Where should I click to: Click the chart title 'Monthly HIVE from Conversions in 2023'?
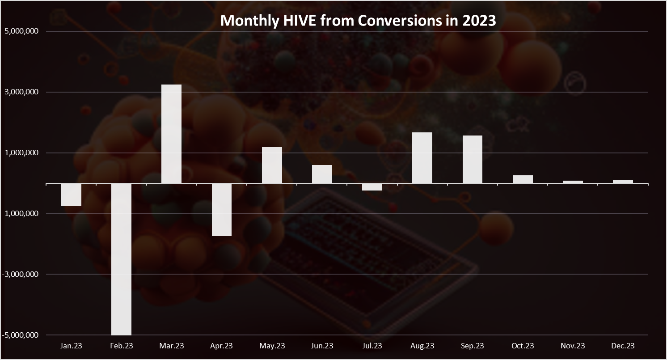pos(358,21)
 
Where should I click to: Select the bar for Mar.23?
pos(171,134)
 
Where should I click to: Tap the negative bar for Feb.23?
pos(121,259)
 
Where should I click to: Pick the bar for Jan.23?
pos(71,195)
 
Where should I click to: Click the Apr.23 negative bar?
pos(222,210)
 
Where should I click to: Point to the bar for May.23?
pos(272,165)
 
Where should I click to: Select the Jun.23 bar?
pos(322,174)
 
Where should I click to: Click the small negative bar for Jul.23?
pos(372,187)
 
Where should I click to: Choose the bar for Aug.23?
pos(422,158)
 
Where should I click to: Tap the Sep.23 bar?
pos(473,160)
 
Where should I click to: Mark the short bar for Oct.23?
pos(523,179)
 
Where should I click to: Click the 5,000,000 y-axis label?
pos(22,31)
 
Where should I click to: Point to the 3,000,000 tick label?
pos(22,92)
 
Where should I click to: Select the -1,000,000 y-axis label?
pos(20,213)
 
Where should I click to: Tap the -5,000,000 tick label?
pos(20,335)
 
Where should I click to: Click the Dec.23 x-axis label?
pos(623,346)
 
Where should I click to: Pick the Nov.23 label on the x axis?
pos(573,346)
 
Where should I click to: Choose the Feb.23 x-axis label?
pos(122,346)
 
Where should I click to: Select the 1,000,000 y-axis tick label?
pos(22,152)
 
